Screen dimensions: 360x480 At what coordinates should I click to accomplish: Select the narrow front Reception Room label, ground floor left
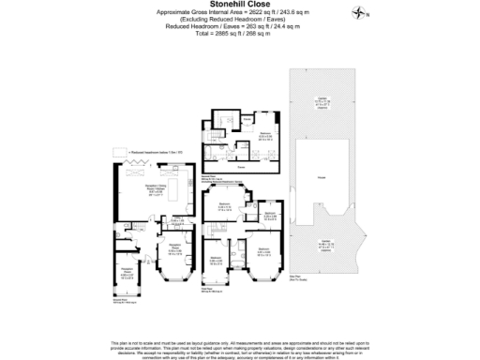[126, 275]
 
